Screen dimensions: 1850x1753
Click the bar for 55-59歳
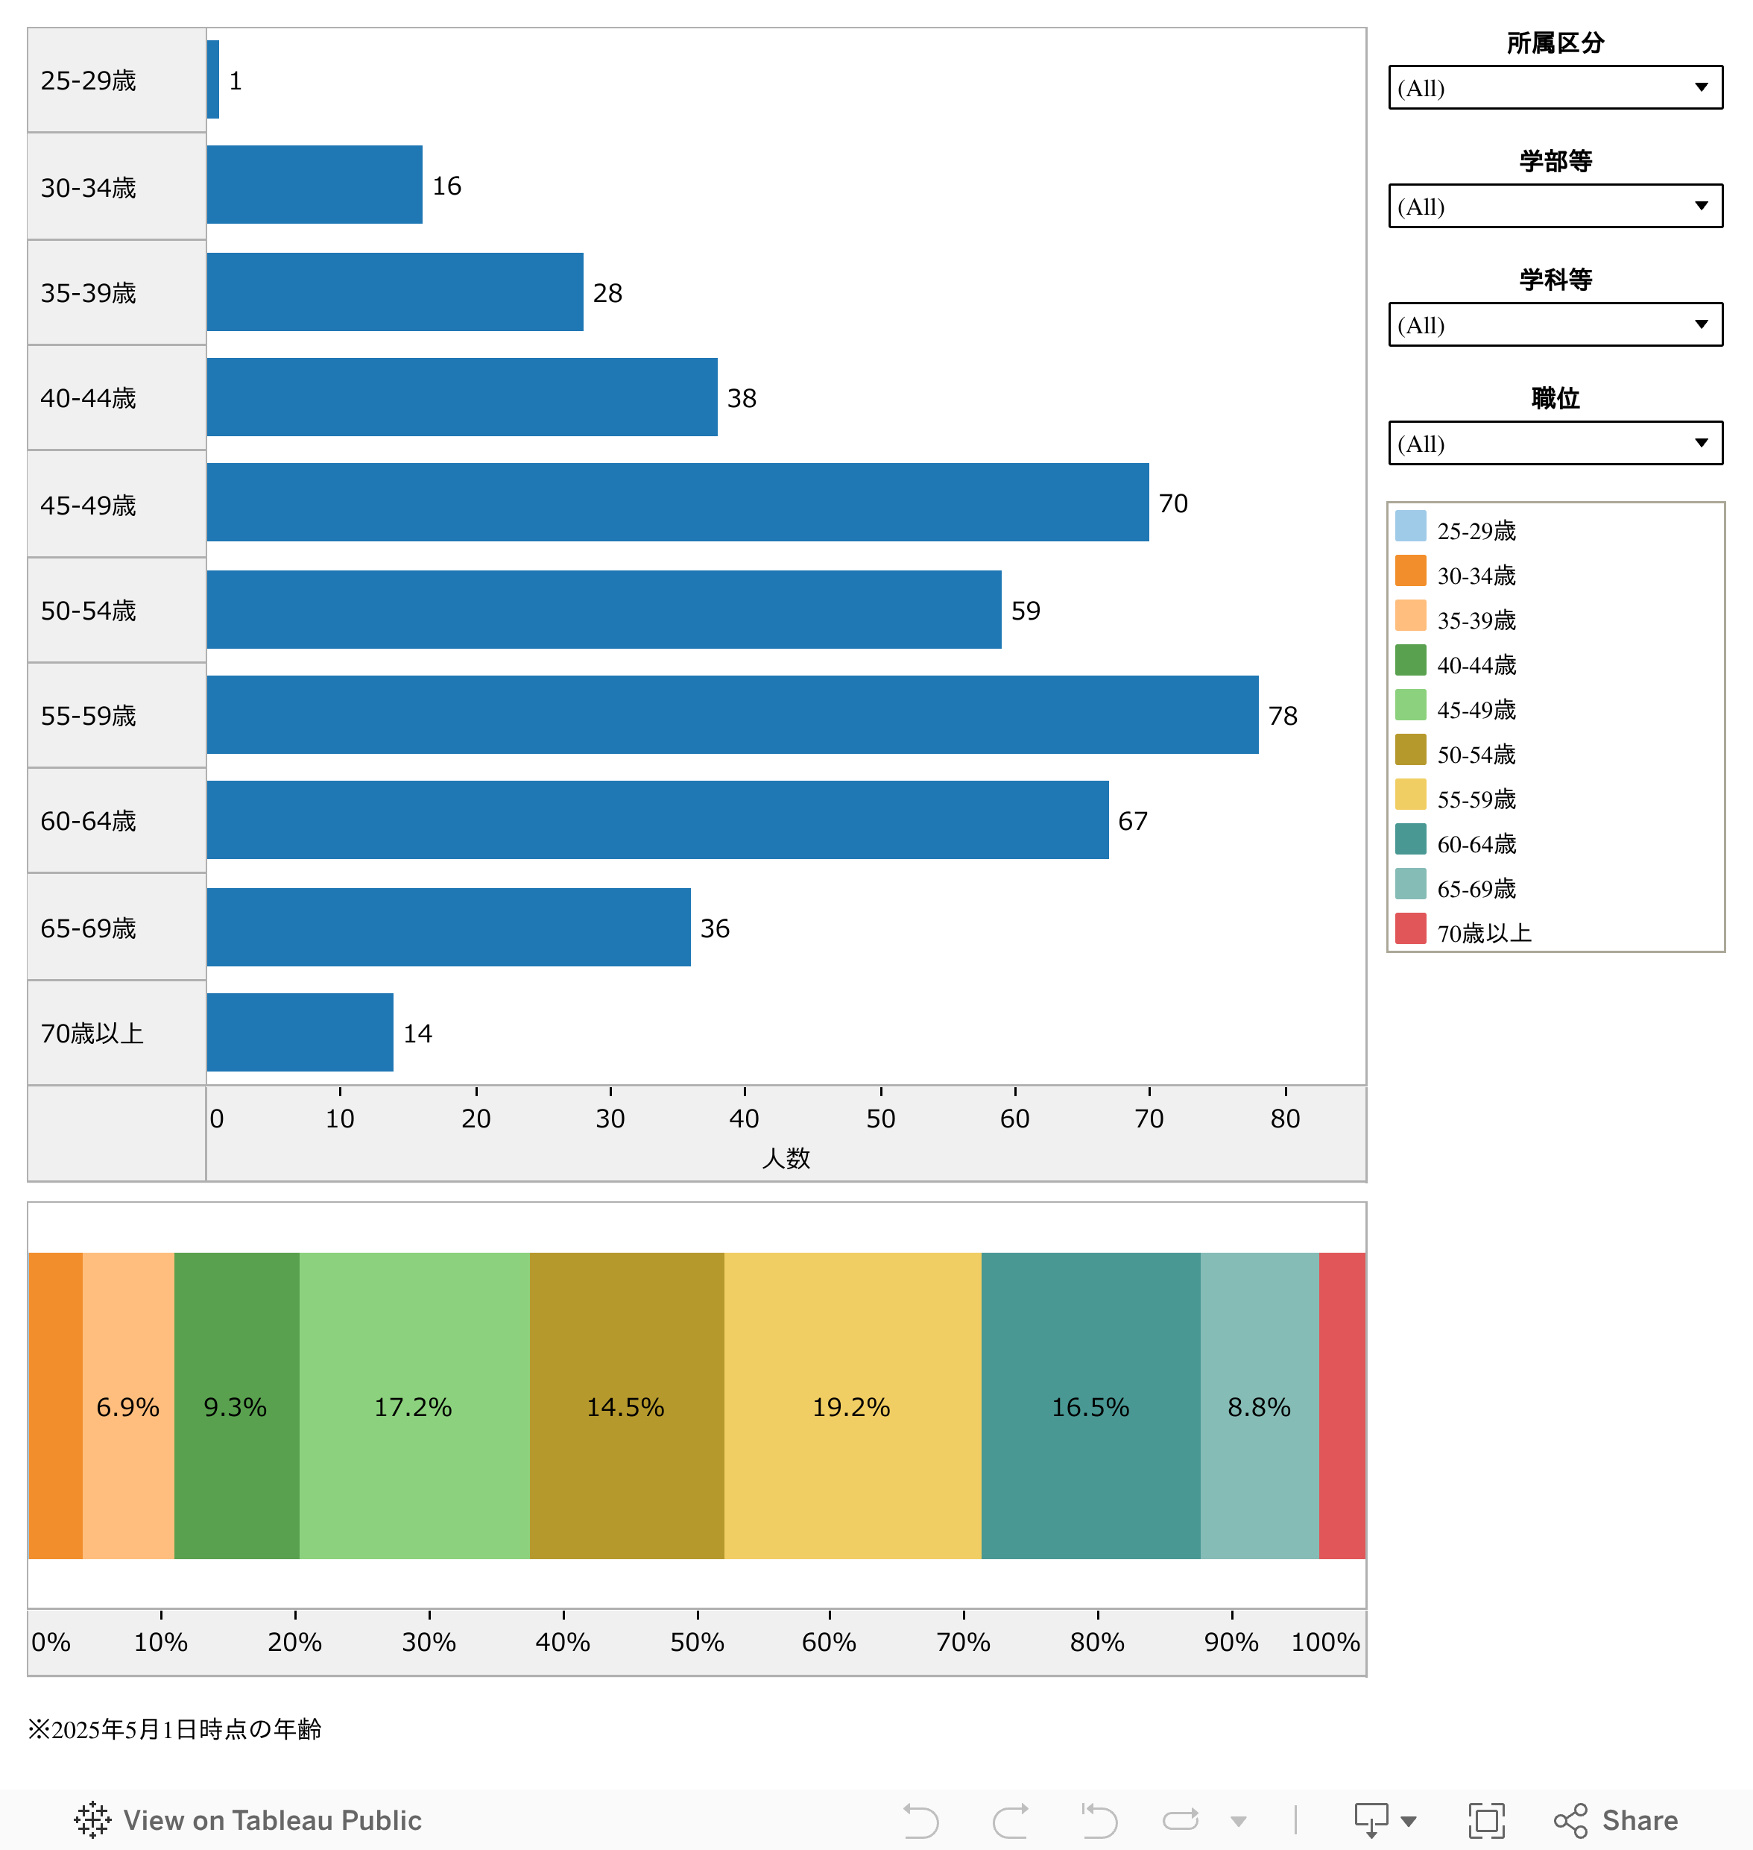point(732,715)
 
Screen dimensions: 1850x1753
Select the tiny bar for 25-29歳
point(213,80)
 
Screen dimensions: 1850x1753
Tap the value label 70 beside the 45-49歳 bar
point(1172,504)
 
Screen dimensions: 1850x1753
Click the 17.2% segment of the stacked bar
point(413,1407)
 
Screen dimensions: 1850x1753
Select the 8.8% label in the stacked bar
point(1259,1407)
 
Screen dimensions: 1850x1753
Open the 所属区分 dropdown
point(1555,88)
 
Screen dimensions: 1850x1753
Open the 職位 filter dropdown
point(1555,443)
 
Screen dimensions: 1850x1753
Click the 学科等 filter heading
point(1555,280)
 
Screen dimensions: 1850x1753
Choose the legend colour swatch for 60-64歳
point(1410,840)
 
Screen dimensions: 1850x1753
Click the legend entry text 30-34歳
point(1476,576)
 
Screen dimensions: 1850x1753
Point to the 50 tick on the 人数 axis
point(880,1118)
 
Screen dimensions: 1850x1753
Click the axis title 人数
point(786,1158)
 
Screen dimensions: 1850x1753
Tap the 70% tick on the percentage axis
point(964,1641)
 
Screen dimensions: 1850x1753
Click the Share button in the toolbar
point(1617,1819)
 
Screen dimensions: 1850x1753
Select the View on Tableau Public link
point(248,1819)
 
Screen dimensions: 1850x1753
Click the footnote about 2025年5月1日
point(174,1729)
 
